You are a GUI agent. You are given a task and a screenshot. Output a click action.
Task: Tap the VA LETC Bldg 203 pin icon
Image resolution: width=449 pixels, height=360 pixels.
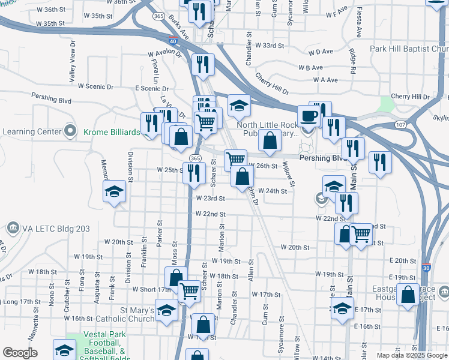(x=12, y=229)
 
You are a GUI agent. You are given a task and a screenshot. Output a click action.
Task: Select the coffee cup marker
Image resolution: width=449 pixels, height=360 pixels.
(x=309, y=116)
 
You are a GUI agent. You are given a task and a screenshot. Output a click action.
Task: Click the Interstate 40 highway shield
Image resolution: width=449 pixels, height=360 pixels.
(x=173, y=42)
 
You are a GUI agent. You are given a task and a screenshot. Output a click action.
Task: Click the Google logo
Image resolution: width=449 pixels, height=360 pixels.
(x=20, y=353)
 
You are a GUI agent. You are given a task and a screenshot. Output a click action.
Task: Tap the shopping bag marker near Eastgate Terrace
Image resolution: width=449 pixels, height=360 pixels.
(x=408, y=295)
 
